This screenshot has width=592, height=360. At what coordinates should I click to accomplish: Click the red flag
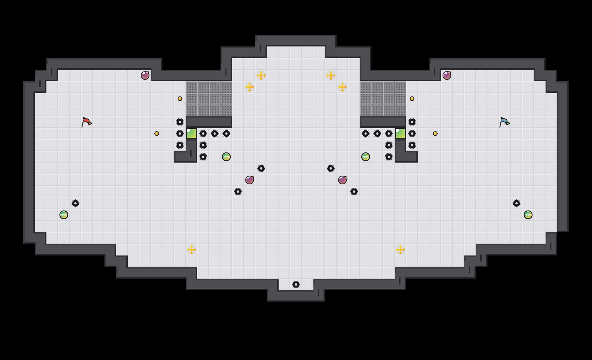tap(86, 122)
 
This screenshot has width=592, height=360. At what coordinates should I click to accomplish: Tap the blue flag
tap(504, 122)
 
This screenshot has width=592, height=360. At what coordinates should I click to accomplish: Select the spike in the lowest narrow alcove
tap(296, 285)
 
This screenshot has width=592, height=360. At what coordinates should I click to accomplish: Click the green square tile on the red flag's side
tap(192, 134)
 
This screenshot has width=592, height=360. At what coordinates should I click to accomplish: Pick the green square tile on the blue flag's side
tap(400, 134)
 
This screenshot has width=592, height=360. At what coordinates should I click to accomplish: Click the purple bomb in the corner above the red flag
tap(145, 75)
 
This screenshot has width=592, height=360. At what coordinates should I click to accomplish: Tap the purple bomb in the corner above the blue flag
tap(447, 75)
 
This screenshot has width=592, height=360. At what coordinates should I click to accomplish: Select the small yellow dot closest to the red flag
tap(157, 134)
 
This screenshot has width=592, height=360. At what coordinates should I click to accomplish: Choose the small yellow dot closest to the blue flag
tap(435, 134)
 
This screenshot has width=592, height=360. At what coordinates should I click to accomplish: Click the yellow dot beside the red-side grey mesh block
tap(180, 99)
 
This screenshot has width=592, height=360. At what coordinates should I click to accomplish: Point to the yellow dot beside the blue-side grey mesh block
tap(412, 99)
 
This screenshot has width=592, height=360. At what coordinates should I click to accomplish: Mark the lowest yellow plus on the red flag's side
tap(192, 250)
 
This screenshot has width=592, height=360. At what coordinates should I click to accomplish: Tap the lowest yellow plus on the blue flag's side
tap(400, 250)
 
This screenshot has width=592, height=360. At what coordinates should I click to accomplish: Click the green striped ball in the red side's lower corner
tap(64, 215)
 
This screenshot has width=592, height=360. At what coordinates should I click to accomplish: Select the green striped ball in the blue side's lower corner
tap(528, 215)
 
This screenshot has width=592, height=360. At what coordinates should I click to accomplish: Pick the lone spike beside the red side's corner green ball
tap(75, 203)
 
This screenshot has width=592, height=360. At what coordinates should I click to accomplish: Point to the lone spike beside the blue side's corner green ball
tap(517, 203)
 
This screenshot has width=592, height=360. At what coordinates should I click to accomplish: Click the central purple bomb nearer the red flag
tap(250, 180)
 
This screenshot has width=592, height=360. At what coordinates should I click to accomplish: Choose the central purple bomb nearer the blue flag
tap(342, 180)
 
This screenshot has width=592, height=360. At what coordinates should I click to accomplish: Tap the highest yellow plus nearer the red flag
tap(261, 75)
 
